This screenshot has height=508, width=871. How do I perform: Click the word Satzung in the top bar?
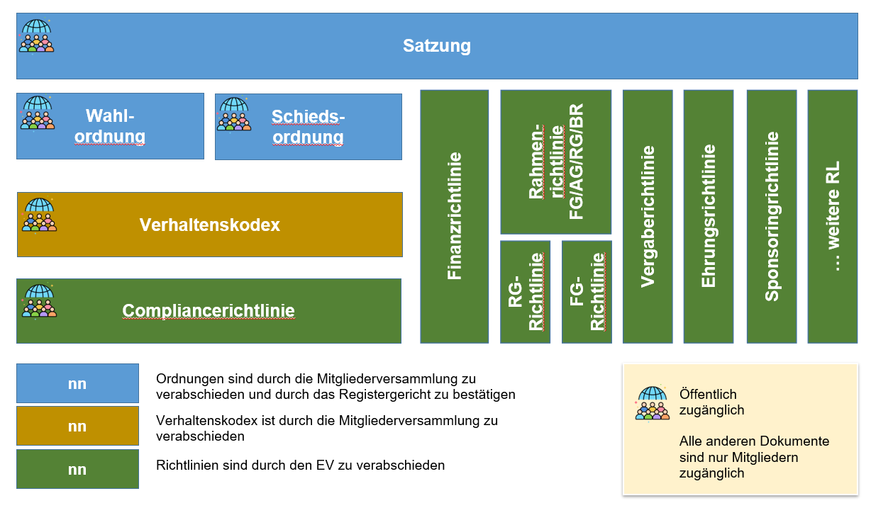pos(436,46)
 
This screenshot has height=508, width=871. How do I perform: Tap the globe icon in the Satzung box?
pos(37,35)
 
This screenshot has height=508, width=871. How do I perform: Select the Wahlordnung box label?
pos(110,126)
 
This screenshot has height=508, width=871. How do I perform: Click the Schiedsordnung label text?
pos(308,126)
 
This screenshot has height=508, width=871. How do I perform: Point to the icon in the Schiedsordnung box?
pos(234,114)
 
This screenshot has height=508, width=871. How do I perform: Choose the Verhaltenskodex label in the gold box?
pos(209,225)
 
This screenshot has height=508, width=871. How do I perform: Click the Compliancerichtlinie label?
pos(209,310)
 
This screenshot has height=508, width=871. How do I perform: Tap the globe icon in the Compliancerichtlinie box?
pos(39,301)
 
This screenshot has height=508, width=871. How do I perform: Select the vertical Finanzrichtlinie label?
pos(455,216)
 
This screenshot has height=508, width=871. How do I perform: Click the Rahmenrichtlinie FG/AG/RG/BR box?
pos(556,162)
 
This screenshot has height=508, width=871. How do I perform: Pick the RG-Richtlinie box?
pos(526,292)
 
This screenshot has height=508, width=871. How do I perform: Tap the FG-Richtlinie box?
pos(587,292)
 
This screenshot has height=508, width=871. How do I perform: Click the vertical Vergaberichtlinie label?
pos(647,216)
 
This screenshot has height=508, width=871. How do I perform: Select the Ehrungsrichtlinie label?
pos(708,216)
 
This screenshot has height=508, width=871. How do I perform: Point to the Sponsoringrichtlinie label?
pos(772,216)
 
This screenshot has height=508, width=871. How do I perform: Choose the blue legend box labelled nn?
pos(77,383)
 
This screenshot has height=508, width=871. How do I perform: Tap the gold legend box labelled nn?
pos(77,426)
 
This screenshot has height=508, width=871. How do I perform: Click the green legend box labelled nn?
pos(77,469)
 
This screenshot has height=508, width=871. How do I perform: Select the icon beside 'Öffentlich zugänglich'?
pos(653,403)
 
